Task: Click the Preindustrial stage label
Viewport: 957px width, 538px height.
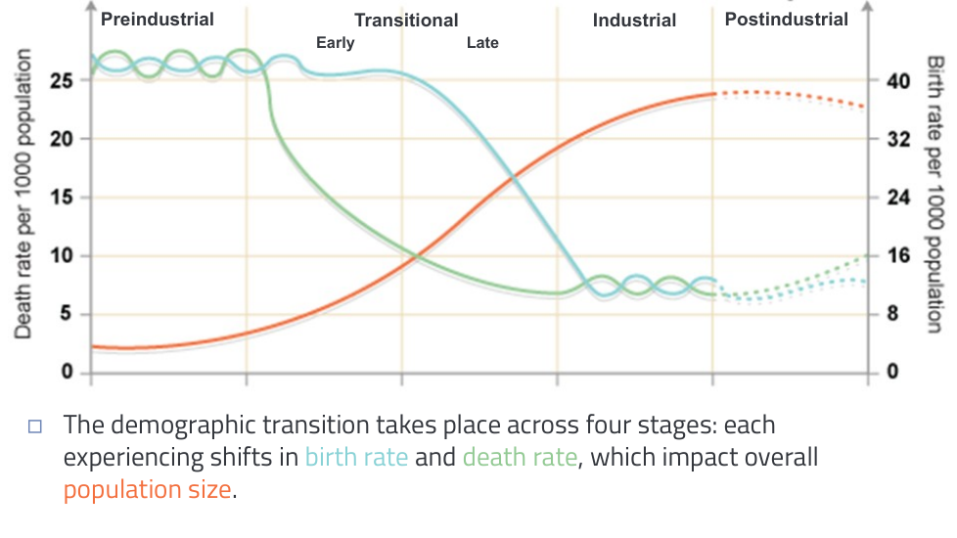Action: coord(158,19)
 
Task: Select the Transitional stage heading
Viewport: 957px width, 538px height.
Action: coord(406,20)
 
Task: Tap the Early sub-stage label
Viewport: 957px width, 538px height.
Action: coord(336,43)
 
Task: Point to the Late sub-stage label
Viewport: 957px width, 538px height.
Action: coord(482,43)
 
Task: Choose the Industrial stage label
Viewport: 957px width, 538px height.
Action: coord(634,20)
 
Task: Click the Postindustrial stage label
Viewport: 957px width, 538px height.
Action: coord(787,19)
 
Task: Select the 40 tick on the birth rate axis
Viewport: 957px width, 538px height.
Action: coord(898,80)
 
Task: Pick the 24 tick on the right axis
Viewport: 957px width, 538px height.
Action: coord(898,198)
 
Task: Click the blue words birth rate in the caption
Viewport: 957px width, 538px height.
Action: coord(356,458)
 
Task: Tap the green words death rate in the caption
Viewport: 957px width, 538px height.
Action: coord(520,458)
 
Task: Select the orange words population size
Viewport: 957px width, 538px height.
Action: coord(148,489)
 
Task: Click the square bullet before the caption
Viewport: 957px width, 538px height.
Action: coord(36,426)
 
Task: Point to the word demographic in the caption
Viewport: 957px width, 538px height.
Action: coord(184,426)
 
